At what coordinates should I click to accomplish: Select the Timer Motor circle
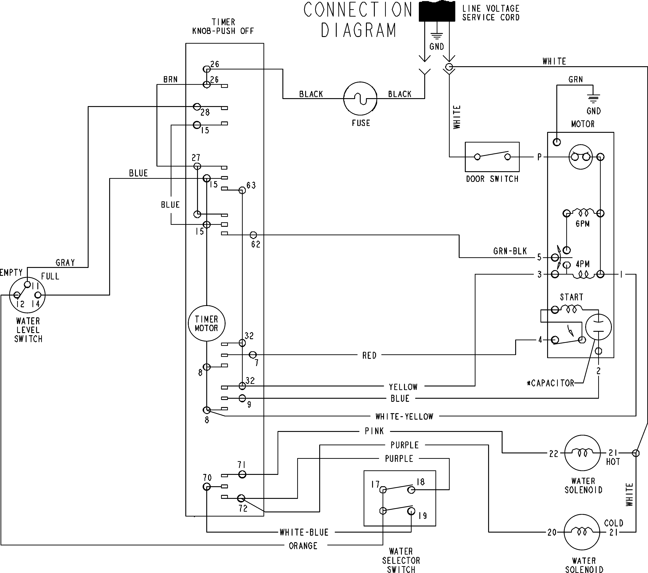tap(206, 323)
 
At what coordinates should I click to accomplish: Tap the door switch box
tap(492, 157)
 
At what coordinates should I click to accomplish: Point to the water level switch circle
tap(27, 295)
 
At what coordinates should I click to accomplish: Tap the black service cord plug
tap(437, 11)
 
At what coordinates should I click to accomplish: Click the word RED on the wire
tap(369, 355)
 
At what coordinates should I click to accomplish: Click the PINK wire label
tap(374, 431)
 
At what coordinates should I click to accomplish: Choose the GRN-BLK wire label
tap(510, 251)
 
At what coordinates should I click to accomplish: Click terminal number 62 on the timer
tap(256, 244)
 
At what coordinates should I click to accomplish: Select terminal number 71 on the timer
tap(242, 465)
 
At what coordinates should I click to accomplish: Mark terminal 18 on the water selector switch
tap(420, 482)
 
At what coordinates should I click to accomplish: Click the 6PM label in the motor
tap(582, 224)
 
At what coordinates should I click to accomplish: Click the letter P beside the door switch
tap(539, 157)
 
